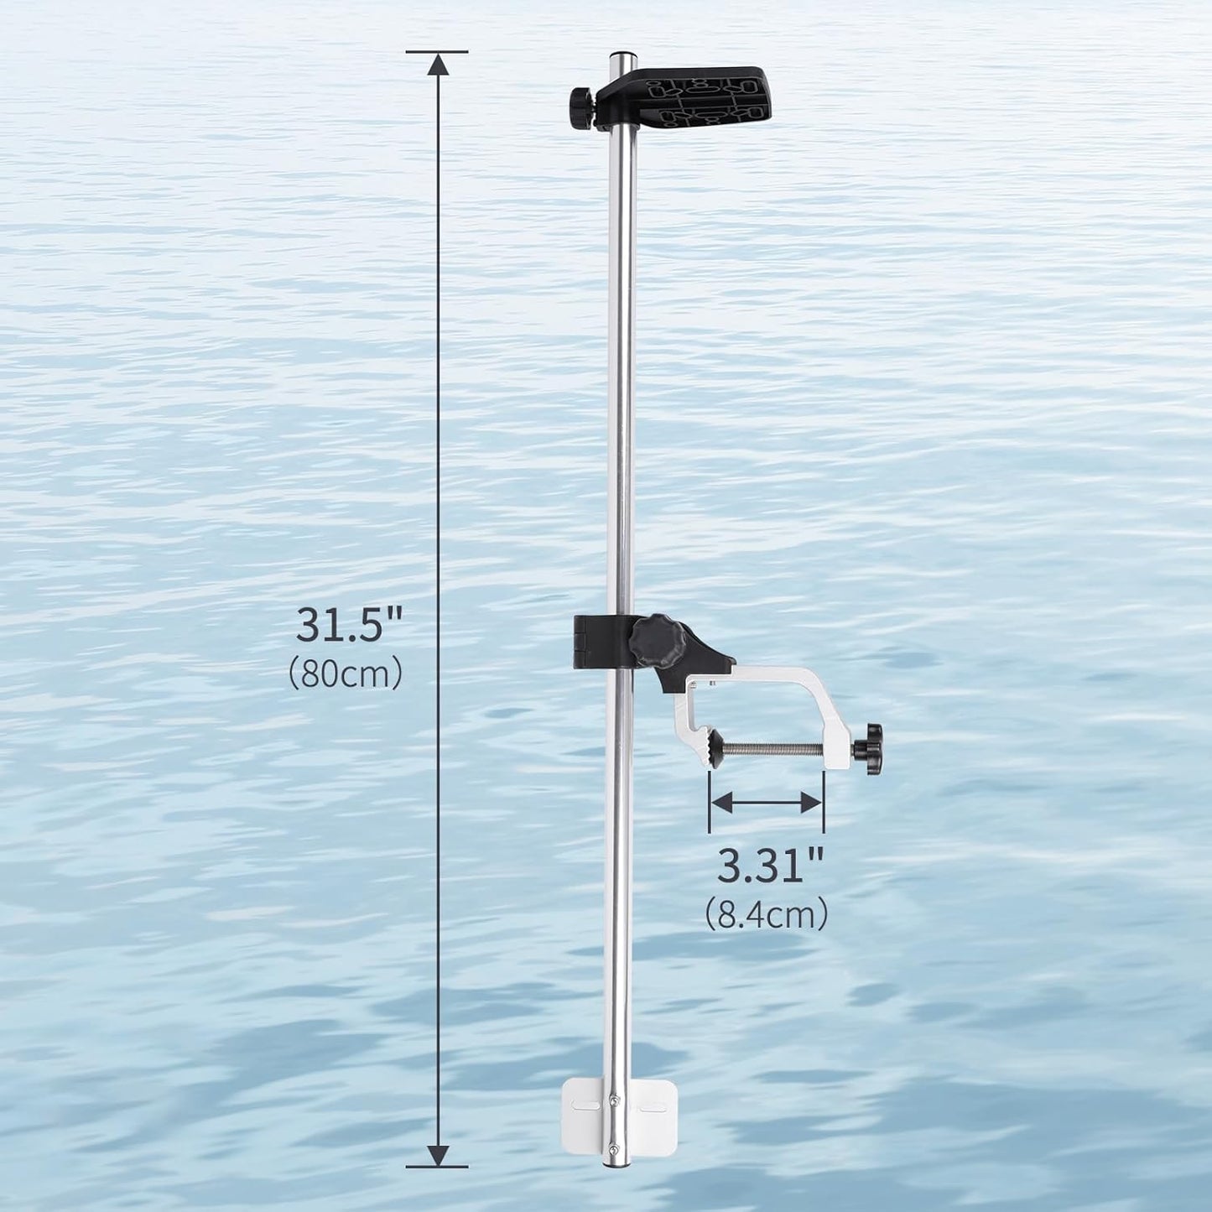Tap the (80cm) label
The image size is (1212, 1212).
point(346,674)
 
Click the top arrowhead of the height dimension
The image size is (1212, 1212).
point(437,65)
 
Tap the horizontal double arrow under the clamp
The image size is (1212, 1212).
point(766,803)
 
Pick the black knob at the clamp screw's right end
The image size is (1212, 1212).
point(870,742)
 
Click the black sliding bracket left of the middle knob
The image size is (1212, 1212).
point(592,642)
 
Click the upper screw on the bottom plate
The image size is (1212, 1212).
point(616,1101)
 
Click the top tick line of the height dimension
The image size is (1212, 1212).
point(437,51)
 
